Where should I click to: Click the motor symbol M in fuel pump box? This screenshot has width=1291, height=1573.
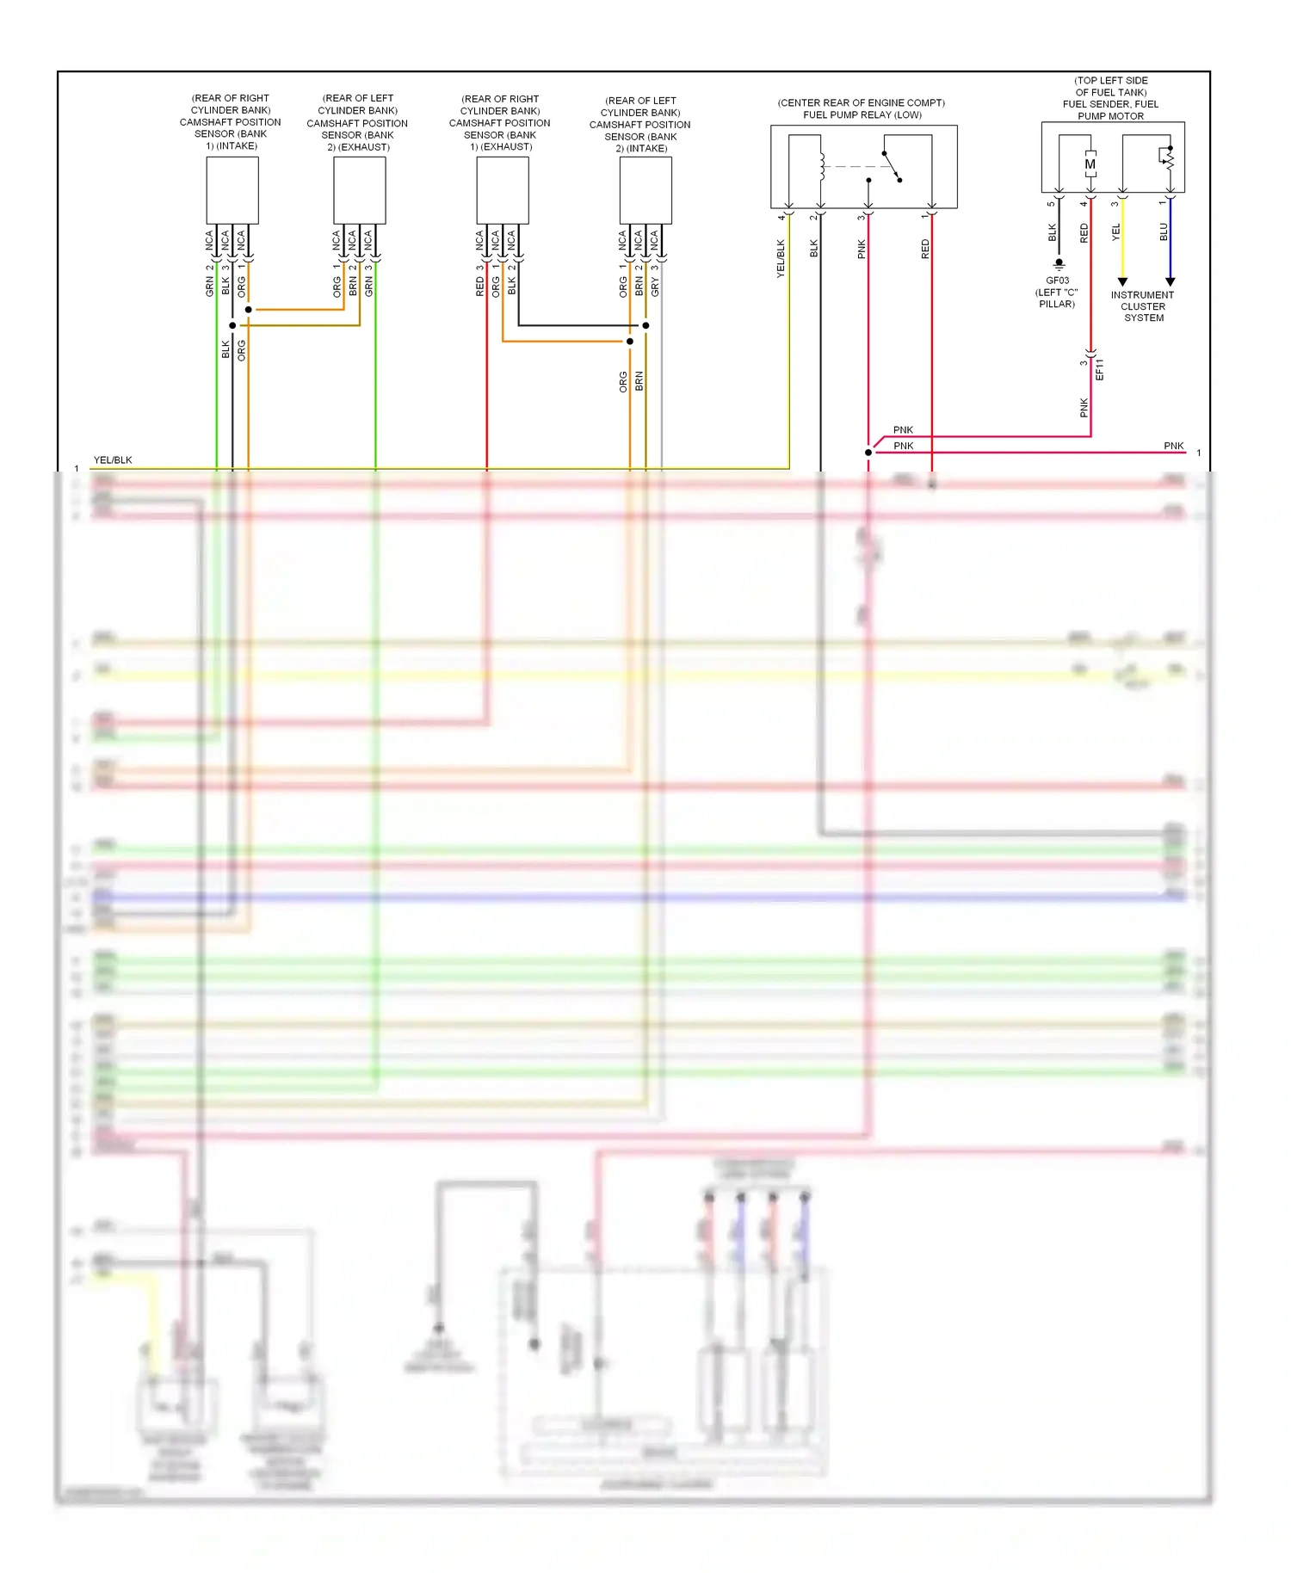tap(1090, 164)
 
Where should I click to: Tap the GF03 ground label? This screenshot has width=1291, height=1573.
tap(1057, 281)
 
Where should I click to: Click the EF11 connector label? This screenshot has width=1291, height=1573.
tap(1099, 369)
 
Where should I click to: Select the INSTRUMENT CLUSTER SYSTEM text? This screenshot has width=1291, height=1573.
tap(1143, 306)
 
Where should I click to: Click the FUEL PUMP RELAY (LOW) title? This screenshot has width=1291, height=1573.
tap(862, 114)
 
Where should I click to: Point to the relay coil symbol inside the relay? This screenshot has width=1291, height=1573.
tap(821, 167)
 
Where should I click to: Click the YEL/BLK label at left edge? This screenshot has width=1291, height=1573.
tap(113, 460)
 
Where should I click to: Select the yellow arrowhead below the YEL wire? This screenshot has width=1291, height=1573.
tap(1122, 282)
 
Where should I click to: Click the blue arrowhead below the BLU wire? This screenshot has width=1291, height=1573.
tap(1170, 282)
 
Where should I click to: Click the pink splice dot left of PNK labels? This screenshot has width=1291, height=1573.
tap(868, 453)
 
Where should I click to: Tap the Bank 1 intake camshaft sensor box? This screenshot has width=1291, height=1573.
tap(232, 190)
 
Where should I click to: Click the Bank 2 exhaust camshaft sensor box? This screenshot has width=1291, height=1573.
tap(359, 190)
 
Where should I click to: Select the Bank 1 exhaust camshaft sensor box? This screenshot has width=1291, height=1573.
tap(503, 191)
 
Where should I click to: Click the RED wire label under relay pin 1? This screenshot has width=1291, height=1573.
tap(925, 250)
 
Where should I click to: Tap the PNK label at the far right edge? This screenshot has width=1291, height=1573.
tap(1173, 446)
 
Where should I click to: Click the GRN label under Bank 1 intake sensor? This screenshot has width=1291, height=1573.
tap(209, 287)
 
